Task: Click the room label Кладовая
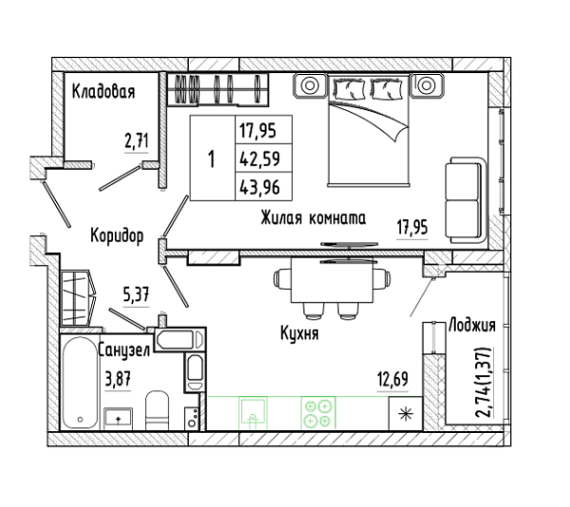click(104, 91)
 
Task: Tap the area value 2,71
click(137, 141)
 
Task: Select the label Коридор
click(117, 236)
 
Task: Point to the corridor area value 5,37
click(136, 294)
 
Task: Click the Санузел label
click(124, 351)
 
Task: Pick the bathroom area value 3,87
click(118, 380)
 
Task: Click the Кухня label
click(299, 333)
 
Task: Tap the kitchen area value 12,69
click(392, 380)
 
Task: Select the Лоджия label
click(472, 325)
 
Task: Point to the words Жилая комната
click(313, 218)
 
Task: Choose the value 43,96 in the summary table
click(259, 187)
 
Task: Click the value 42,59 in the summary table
click(259, 159)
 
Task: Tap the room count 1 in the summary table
click(212, 160)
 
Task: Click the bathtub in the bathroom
click(80, 384)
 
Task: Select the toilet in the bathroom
click(158, 410)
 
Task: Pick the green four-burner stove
click(318, 413)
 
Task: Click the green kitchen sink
click(253, 413)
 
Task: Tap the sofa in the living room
click(466, 199)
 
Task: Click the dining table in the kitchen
click(332, 280)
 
